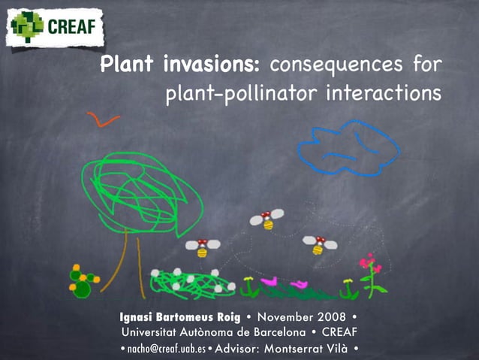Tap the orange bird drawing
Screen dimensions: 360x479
[x=103, y=119]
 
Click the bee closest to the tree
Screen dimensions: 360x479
[x=203, y=246]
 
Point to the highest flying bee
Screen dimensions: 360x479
[x=267, y=219]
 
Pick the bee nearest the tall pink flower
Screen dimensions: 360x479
[x=319, y=244]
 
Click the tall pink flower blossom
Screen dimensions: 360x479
[x=369, y=263]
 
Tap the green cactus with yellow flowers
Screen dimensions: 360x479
[x=81, y=280]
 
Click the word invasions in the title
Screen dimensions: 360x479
[x=211, y=64]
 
